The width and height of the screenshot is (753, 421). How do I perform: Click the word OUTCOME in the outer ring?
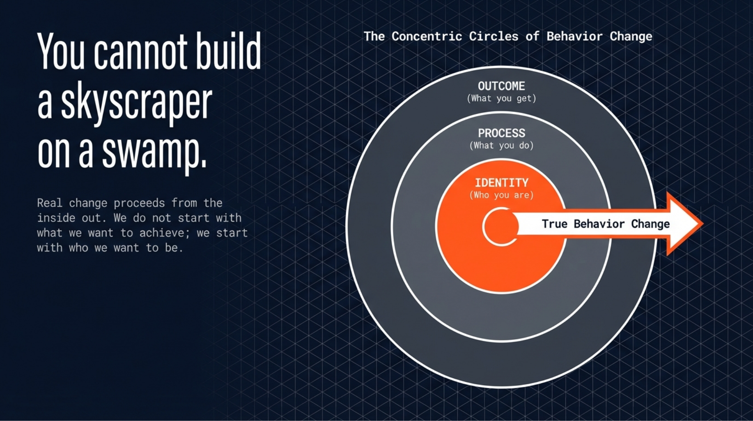point(501,86)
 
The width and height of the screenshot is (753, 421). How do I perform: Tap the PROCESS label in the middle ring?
point(501,133)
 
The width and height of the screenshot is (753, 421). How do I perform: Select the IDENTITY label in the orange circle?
point(501,183)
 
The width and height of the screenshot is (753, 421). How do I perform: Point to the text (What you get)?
point(501,99)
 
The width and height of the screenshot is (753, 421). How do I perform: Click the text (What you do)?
point(501,146)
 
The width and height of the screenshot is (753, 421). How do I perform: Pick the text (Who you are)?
point(501,195)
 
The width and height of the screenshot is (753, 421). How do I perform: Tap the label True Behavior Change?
point(606,224)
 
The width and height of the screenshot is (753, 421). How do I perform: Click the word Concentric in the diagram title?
point(427,36)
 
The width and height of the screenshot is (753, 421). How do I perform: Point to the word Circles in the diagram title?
point(494,36)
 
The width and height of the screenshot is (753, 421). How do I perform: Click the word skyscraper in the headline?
point(136,103)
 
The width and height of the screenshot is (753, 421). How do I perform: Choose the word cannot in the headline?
point(140,52)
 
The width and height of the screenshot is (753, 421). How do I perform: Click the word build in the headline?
point(228,52)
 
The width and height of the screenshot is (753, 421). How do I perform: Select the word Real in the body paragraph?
point(50,203)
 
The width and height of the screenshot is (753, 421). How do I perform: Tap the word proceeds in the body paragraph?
point(139,203)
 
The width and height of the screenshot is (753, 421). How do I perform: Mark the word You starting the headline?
point(61,52)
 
